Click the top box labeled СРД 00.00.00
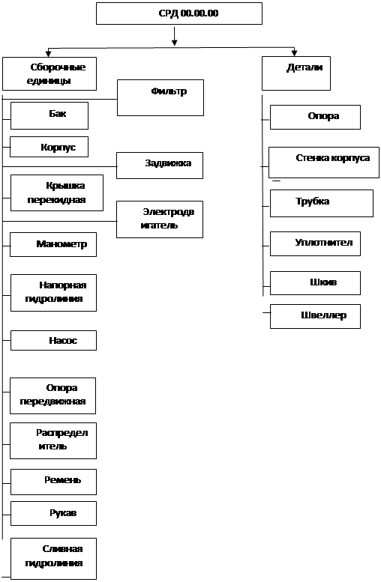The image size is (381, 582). tap(179, 13)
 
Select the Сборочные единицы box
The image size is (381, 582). tap(49, 74)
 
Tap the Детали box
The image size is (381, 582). tap(296, 73)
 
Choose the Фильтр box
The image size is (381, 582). tap(160, 97)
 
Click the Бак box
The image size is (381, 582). tap(49, 116)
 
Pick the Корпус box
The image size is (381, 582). tap(49, 147)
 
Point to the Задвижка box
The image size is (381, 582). tap(160, 166)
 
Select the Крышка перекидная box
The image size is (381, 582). tap(57, 193)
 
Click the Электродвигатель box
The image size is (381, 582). tap(160, 219)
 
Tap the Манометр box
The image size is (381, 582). tap(53, 245)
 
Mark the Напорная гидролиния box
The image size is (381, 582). tap(53, 293)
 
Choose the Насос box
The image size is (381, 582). tap(53, 340)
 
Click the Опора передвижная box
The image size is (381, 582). tap(52, 395)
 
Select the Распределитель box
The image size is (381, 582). tap(53, 440)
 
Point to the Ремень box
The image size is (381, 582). tap(53, 482)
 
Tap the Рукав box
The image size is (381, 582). tap(53, 513)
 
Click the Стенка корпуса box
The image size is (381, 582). tap(324, 163)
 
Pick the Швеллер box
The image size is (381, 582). tap(315, 317)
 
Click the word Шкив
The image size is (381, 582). tap(323, 282)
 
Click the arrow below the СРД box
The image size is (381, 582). tap(174, 37)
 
